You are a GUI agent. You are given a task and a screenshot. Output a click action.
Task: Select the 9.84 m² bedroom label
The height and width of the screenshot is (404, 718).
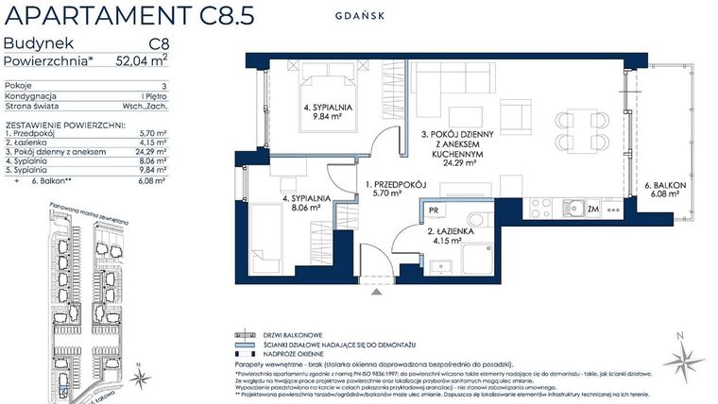(x=328, y=114)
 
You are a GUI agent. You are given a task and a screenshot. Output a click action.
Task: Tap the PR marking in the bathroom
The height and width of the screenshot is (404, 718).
(x=432, y=213)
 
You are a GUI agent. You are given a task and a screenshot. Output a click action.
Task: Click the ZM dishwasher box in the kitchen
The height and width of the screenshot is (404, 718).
(x=592, y=207)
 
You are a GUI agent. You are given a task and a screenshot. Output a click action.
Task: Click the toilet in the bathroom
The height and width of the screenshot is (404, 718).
(x=475, y=220)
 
